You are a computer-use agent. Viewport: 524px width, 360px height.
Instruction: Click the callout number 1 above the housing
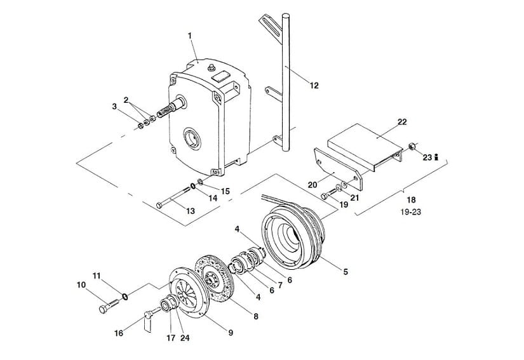[x=189, y=36]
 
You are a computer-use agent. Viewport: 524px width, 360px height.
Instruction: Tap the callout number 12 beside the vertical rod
[x=314, y=86]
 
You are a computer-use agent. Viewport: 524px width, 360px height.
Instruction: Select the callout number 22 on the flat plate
[x=402, y=122]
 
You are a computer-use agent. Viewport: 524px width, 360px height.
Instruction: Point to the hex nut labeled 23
[x=412, y=146]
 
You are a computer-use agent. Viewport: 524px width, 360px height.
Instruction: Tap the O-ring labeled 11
[x=124, y=297]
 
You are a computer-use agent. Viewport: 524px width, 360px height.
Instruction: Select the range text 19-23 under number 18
[x=411, y=211]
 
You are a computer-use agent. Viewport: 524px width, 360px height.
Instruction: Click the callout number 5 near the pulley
[x=346, y=272]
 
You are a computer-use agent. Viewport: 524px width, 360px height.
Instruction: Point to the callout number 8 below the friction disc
[x=256, y=316]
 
